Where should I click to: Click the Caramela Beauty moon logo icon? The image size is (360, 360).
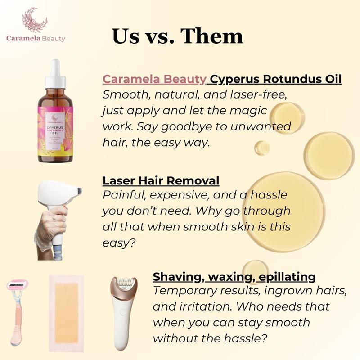coord(35,20)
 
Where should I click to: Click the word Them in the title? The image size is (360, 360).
coord(211,36)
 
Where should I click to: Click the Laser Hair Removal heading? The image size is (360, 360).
coord(161,181)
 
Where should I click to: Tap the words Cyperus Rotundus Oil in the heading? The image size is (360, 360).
coord(276,80)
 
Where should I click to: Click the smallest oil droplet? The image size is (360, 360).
coord(262,147)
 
